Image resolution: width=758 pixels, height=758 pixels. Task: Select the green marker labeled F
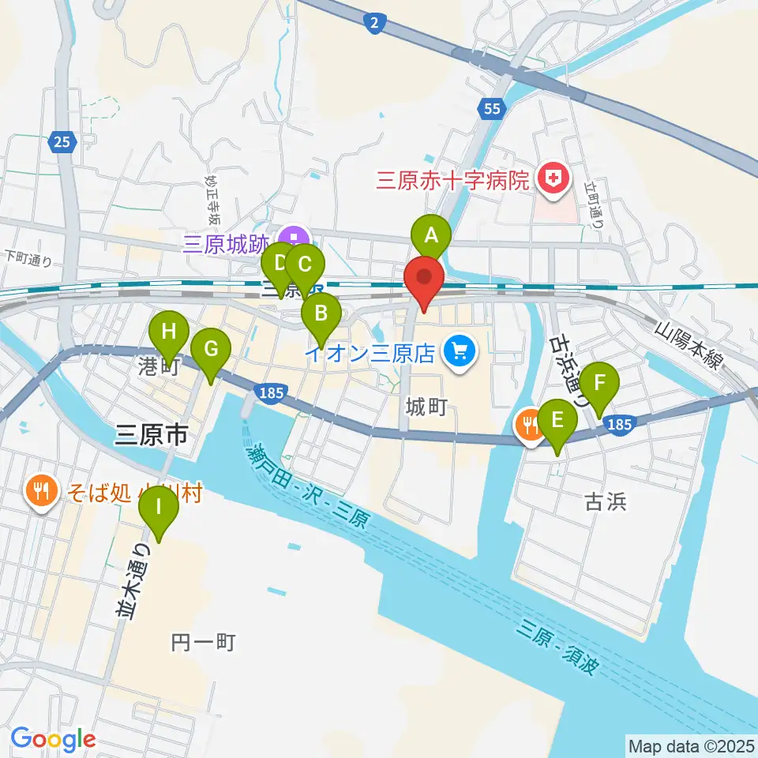coord(600,384)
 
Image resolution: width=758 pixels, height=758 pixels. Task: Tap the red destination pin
coord(425,278)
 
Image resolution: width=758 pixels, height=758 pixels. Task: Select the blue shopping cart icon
coord(458,349)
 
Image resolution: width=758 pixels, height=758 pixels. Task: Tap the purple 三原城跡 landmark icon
coord(294,237)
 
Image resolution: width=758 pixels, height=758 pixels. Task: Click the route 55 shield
coord(491,109)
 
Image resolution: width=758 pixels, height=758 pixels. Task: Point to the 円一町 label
coord(204,643)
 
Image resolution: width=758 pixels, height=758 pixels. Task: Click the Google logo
coord(53,739)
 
